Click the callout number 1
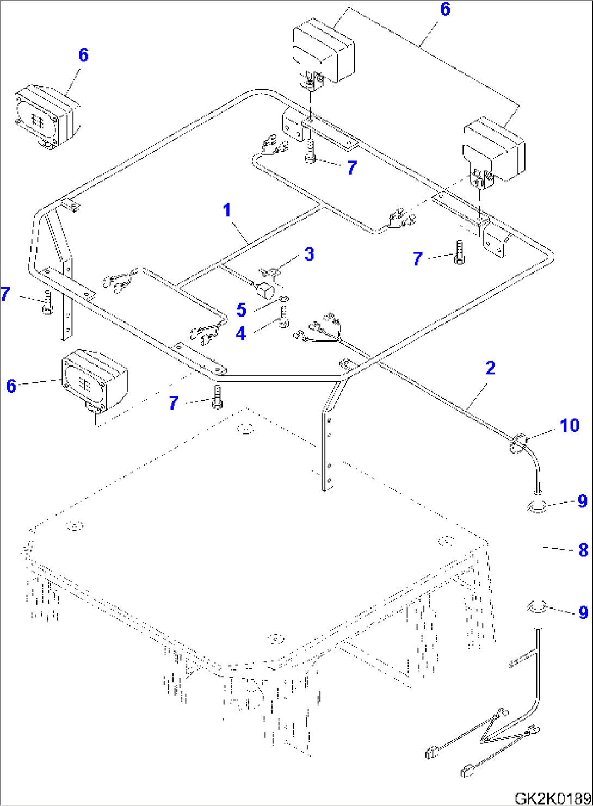point(227,209)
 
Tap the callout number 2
point(490,368)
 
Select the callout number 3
point(309,254)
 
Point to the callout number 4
point(240,333)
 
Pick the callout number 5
point(242,310)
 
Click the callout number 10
point(570,425)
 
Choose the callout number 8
point(583,550)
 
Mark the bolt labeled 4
point(283,318)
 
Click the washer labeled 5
point(285,299)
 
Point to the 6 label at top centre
point(445,9)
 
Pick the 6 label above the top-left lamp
point(83,55)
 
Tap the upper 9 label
point(583,501)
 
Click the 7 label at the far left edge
point(5,294)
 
